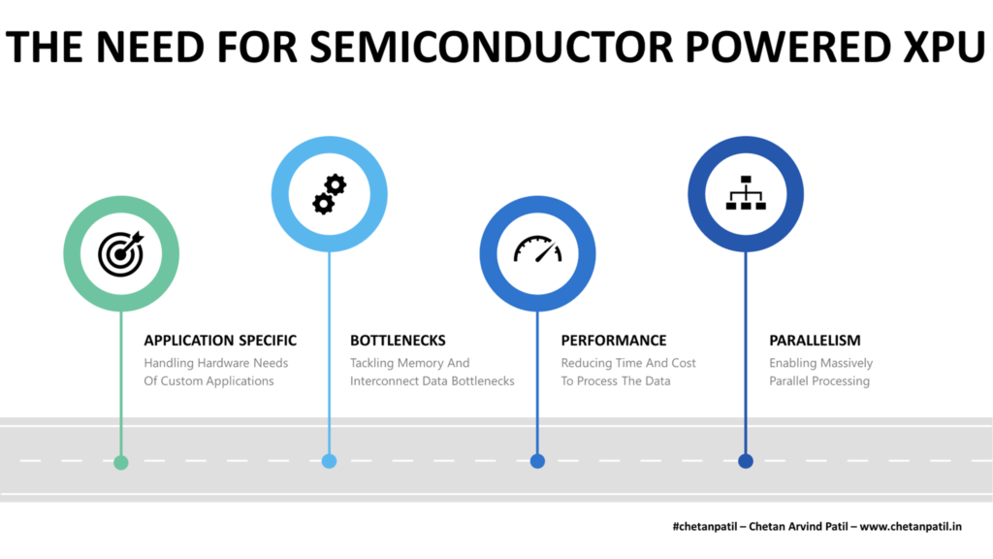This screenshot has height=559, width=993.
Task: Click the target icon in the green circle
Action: click(120, 253)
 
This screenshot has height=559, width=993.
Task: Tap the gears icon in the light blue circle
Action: click(329, 194)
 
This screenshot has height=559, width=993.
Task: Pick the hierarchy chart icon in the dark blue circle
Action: click(746, 193)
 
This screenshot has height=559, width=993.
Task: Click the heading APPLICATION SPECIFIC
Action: click(220, 341)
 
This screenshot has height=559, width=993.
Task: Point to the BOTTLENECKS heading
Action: click(398, 341)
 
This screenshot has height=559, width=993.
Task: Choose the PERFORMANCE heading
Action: click(614, 341)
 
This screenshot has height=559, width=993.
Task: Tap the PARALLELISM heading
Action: click(815, 341)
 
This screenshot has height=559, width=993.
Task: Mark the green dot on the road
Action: click(120, 462)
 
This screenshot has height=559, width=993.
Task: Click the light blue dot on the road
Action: click(329, 461)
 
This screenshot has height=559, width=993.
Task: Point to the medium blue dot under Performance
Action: click(537, 461)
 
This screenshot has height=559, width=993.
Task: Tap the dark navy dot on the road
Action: click(746, 461)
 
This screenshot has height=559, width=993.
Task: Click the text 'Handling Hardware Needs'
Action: click(216, 363)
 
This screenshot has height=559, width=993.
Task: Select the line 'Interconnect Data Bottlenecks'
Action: click(432, 381)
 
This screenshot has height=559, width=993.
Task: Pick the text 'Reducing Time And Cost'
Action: click(628, 363)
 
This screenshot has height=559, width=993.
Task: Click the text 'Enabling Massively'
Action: click(820, 363)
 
